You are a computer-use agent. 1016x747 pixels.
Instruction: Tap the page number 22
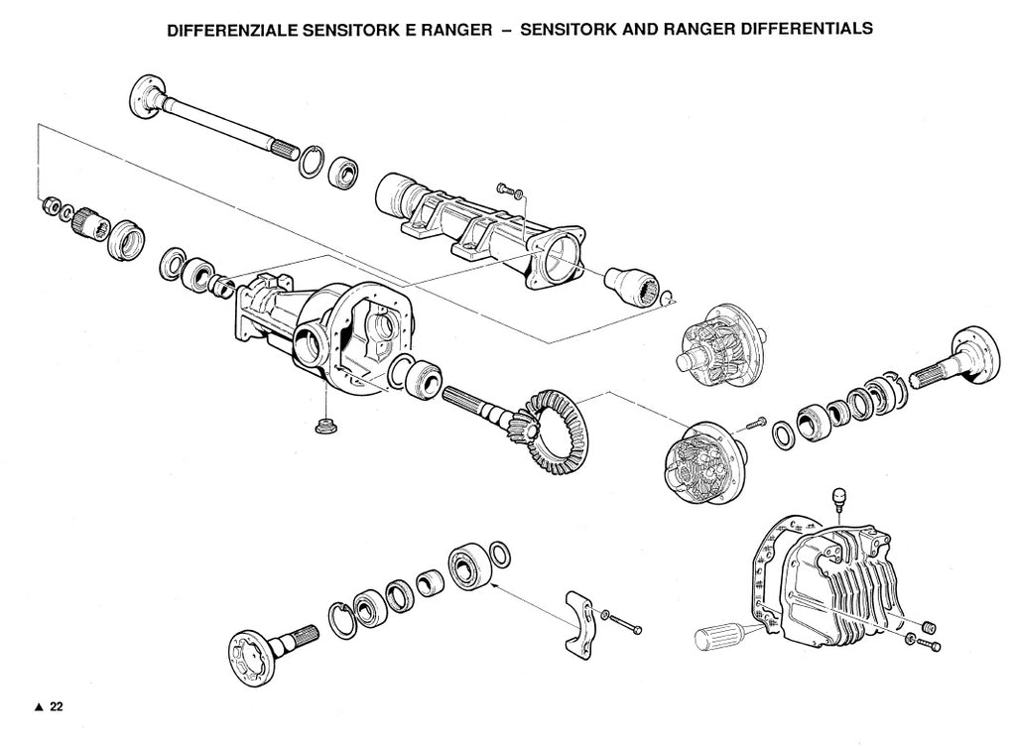tap(57, 706)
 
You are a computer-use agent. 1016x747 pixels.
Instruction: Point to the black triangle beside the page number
tap(39, 707)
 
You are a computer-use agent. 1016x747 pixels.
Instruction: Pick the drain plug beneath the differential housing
tap(321, 427)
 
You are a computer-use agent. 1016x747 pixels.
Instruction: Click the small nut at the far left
tap(48, 205)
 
